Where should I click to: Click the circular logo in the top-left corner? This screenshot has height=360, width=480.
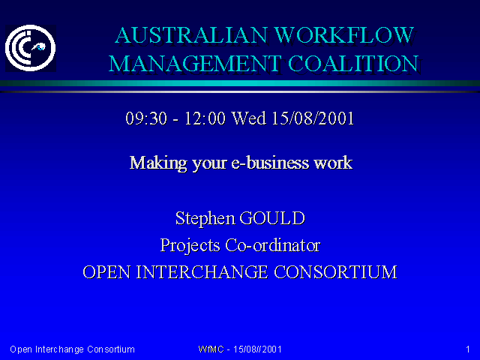click(30, 48)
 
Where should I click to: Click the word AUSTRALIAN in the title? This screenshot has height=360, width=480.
click(191, 35)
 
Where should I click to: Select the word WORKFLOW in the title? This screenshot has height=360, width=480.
click(345, 35)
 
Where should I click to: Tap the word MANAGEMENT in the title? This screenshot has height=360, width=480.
click(195, 64)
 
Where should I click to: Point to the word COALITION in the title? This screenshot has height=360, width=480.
click(353, 64)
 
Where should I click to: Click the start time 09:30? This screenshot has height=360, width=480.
click(146, 118)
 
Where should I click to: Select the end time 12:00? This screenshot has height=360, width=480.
click(205, 118)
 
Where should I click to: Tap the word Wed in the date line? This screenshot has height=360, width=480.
click(248, 118)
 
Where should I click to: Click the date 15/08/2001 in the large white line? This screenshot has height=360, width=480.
click(313, 118)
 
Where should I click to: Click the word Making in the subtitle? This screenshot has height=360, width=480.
click(158, 163)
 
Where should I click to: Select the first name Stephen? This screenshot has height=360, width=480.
click(205, 218)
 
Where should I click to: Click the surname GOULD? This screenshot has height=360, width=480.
click(272, 218)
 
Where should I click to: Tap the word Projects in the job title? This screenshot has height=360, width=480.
click(190, 245)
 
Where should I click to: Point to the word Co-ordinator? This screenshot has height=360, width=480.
click(273, 245)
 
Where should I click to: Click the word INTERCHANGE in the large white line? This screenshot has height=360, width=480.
click(202, 272)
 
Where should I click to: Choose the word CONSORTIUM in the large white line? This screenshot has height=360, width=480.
click(335, 272)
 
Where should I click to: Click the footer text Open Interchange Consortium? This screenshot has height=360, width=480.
click(72, 349)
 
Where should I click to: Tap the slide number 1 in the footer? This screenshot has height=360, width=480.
click(468, 349)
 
